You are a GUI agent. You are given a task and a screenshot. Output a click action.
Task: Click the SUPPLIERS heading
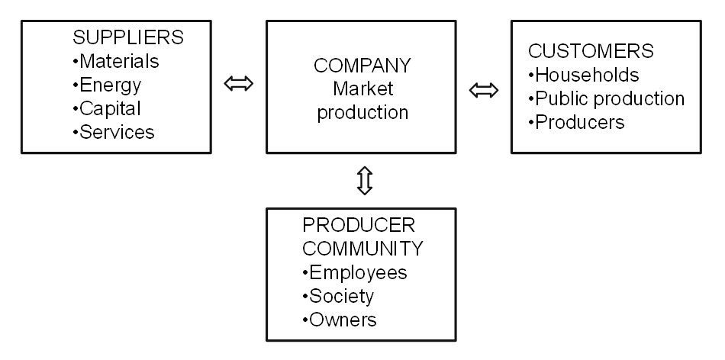[x=128, y=37]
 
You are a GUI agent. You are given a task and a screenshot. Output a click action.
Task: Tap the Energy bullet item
[x=108, y=84]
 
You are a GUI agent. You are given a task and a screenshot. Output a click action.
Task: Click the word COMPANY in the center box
[x=362, y=65]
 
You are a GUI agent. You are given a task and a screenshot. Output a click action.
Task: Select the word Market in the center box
[x=362, y=88]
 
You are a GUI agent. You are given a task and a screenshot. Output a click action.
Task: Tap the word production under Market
[x=362, y=112]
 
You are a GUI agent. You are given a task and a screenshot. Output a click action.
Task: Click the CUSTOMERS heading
[x=591, y=51]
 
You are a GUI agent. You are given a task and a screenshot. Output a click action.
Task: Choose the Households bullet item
[x=585, y=75]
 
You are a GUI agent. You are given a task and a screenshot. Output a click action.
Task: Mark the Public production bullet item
[x=607, y=98]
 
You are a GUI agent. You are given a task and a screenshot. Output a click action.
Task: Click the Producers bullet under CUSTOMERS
[x=577, y=122]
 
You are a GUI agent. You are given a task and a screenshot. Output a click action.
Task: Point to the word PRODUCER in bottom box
[x=359, y=225]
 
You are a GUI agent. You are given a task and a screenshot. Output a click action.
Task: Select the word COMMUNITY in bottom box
[x=362, y=249]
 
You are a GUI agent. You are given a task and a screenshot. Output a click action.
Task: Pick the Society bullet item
[x=339, y=296]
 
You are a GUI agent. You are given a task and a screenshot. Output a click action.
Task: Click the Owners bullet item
[x=340, y=320]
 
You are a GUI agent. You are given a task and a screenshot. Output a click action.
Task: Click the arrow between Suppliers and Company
[x=239, y=82]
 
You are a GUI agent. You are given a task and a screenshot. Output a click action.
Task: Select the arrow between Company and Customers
[x=482, y=91]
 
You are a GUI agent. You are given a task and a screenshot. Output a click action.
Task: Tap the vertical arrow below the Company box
[x=364, y=180]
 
